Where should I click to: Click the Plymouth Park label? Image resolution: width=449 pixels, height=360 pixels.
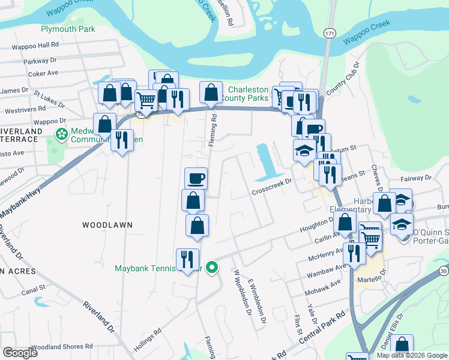(x=68, y=29)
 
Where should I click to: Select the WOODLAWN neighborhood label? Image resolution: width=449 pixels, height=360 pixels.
(x=107, y=224)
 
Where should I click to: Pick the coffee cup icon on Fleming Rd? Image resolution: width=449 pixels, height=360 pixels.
(x=196, y=178)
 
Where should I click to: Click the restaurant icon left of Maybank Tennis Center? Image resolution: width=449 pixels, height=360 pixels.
(x=187, y=259)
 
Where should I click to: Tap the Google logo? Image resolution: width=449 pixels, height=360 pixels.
(x=20, y=353)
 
